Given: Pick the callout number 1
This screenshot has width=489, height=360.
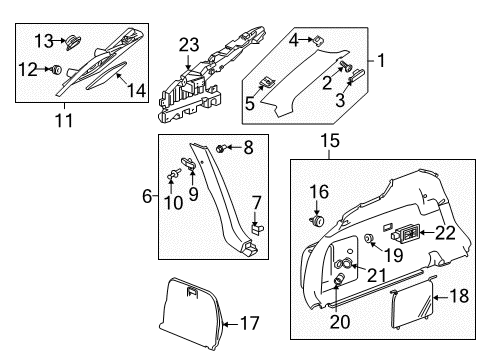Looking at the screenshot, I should click(x=379, y=61).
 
